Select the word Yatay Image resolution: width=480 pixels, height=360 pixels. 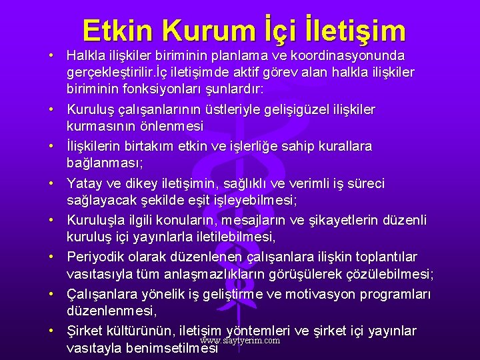(85, 183)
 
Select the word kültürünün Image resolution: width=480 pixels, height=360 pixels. (143, 331)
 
